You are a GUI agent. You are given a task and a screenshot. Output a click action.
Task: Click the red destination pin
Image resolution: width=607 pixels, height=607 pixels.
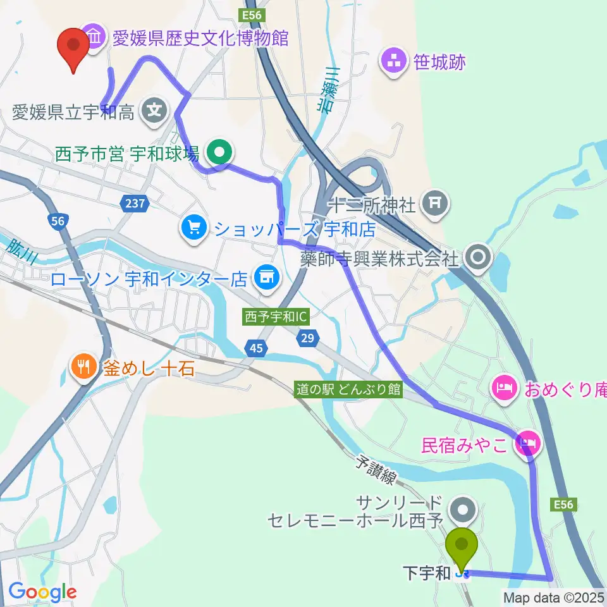click(73, 48)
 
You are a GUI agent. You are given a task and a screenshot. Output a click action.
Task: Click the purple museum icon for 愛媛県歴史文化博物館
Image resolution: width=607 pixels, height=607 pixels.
click(94, 37)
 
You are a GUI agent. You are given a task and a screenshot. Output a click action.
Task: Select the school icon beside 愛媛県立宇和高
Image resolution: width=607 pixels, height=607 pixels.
click(154, 113)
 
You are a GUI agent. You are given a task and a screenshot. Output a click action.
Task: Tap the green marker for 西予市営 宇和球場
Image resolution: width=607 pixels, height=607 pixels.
click(220, 152)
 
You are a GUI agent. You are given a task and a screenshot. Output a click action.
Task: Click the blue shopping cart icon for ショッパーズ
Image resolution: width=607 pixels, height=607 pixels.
click(192, 226)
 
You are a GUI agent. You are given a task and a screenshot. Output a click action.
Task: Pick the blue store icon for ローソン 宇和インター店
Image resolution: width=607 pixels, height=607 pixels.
click(266, 277)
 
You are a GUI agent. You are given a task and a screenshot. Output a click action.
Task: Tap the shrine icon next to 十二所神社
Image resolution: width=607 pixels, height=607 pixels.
click(435, 203)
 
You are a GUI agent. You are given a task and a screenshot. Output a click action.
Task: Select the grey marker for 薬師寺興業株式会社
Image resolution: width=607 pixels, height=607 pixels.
click(478, 257)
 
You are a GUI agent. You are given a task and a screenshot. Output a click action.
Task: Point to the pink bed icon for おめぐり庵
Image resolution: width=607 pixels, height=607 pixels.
click(504, 385)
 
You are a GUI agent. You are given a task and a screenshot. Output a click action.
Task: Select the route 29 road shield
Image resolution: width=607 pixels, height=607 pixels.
click(307, 340)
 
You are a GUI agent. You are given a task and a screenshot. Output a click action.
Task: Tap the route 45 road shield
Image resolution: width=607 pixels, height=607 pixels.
click(255, 347)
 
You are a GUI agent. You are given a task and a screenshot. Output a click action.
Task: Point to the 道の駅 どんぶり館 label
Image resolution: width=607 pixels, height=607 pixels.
click(349, 389)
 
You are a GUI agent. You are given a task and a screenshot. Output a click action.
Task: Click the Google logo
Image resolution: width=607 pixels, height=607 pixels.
click(42, 592)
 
